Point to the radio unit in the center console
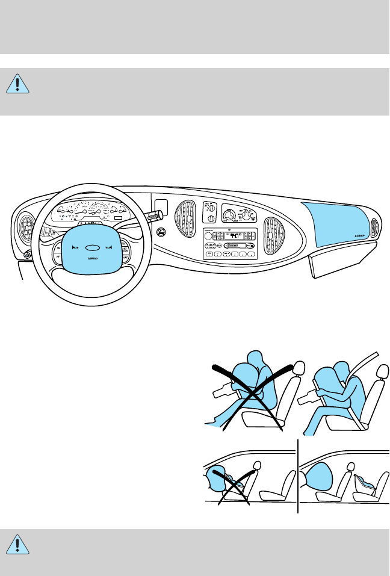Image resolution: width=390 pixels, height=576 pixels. point(229,244)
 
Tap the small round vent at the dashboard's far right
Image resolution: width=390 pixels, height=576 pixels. point(376,228)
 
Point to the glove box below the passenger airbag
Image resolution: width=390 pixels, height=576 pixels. point(340,260)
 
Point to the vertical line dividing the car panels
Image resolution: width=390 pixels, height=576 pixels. point(298,475)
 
